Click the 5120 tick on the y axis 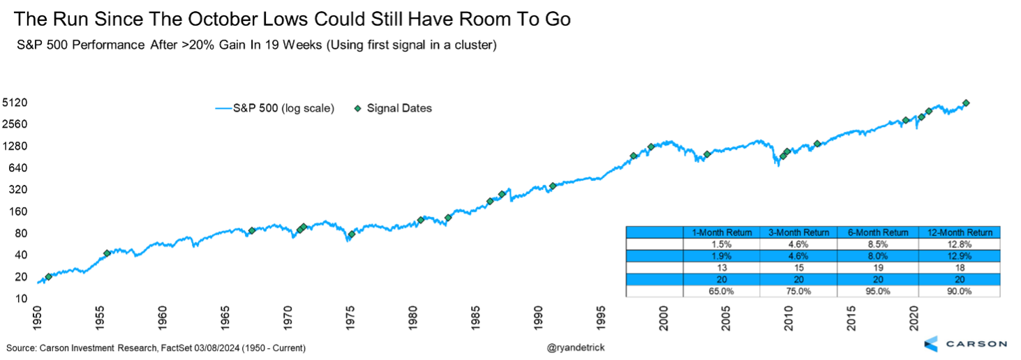click(15, 103)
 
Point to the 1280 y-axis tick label click(15, 147)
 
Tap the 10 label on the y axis click(22, 299)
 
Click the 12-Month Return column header click(960, 232)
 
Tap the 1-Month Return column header click(721, 232)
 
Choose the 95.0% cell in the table click(879, 292)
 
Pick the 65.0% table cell click(721, 292)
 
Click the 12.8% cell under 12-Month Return click(960, 244)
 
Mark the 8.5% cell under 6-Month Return click(879, 244)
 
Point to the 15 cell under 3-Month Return click(800, 268)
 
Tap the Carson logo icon click(931, 343)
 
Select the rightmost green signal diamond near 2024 click(966, 103)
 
